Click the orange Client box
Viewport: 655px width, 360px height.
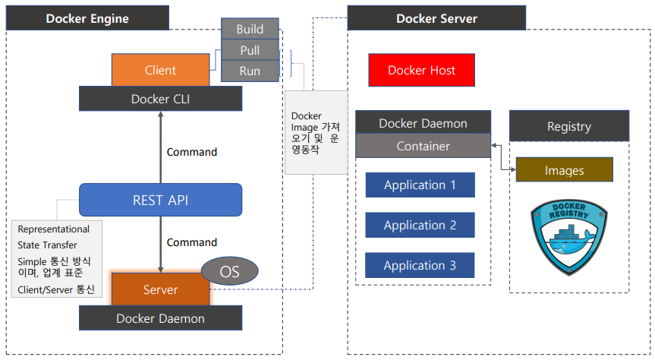pos(160,70)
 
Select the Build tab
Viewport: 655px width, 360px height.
pos(250,29)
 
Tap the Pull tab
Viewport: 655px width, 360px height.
pos(250,50)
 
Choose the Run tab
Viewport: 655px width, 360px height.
pos(250,71)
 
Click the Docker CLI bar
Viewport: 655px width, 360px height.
pos(160,99)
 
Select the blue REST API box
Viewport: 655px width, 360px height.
pos(160,200)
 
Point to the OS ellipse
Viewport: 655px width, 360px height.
pos(229,270)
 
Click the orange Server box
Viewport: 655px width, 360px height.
pos(160,289)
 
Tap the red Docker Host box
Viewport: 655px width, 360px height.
pos(421,70)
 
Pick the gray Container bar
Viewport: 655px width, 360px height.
pos(423,146)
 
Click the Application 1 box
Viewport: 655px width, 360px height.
pos(420,185)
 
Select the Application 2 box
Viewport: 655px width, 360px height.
pos(420,225)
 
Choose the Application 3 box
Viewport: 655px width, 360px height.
pos(420,265)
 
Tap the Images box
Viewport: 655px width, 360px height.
pos(564,170)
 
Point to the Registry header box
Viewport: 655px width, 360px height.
pos(568,126)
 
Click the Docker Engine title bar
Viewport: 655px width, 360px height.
pos(87,18)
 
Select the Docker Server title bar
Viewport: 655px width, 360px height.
pos(436,18)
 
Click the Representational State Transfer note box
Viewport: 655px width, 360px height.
pos(57,259)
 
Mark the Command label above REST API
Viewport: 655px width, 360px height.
pos(192,152)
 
